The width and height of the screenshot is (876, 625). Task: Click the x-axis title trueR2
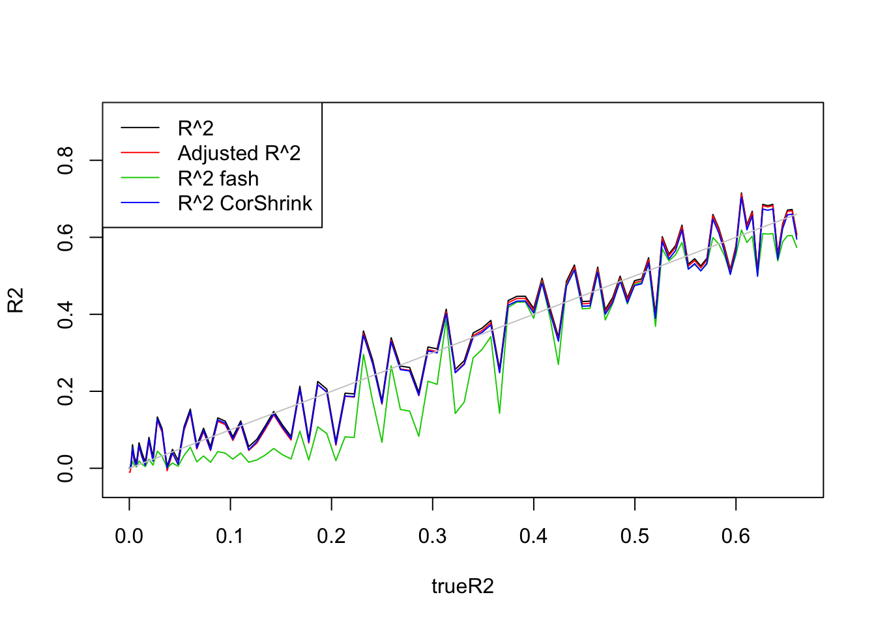462,587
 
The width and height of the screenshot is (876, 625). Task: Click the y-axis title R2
16,300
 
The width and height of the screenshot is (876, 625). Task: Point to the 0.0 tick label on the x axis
129,536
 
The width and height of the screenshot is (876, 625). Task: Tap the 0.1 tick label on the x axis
230,536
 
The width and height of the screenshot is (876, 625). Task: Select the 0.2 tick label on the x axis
331,536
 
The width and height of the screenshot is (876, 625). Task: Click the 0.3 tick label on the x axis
432,536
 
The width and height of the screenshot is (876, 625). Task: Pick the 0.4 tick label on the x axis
533,536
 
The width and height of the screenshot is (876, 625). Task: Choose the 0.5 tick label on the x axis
634,536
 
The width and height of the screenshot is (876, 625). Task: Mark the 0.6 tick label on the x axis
735,536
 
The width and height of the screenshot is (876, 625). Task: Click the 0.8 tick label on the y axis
66,160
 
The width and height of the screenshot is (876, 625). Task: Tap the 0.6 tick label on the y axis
66,238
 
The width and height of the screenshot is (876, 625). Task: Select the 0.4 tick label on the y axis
66,314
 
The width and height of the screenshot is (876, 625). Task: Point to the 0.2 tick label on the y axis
66,391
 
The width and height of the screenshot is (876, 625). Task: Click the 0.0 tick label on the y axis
66,468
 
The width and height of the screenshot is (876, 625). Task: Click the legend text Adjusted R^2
239,154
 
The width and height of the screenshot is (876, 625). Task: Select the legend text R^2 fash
218,178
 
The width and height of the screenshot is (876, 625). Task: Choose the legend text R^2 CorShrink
245,204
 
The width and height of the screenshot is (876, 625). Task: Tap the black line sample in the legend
140,128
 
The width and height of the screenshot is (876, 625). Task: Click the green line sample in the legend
140,178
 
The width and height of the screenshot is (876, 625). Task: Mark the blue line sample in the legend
140,204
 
